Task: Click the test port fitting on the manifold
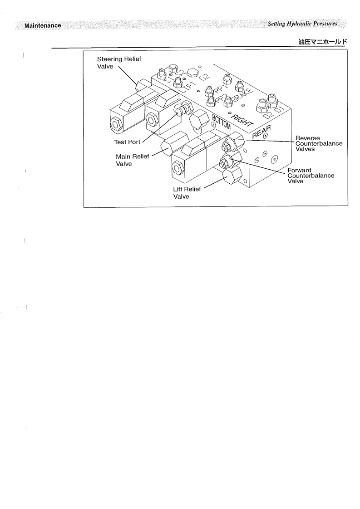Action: coord(182,110)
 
